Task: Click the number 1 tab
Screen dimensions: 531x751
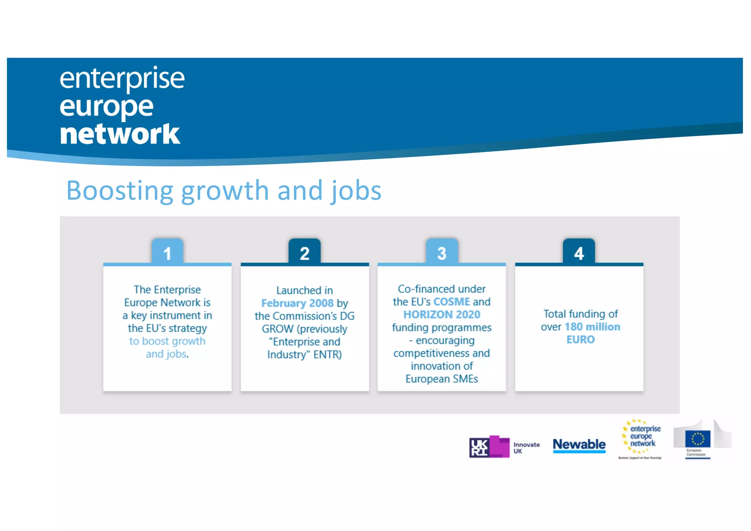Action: point(167,252)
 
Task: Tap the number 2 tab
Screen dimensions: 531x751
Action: point(304,252)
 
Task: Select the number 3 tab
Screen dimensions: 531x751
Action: point(442,252)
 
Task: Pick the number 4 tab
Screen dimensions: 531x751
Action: point(579,252)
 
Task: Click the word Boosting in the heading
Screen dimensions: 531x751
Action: point(120,191)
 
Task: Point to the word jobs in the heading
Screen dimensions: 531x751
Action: point(356,191)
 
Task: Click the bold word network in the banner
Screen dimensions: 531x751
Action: point(120,134)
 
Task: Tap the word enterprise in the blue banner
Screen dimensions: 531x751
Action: point(122,78)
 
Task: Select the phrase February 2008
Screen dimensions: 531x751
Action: point(297,303)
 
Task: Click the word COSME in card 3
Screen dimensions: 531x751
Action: point(451,302)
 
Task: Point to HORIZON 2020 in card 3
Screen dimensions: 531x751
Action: point(442,315)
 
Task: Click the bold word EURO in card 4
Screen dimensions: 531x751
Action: point(580,340)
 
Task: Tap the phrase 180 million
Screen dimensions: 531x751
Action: point(592,327)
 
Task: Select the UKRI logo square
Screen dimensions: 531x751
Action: point(479,447)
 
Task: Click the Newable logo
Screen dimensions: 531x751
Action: point(579,445)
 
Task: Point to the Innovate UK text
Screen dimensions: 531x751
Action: point(526,448)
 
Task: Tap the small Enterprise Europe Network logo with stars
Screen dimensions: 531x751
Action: point(641,438)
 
